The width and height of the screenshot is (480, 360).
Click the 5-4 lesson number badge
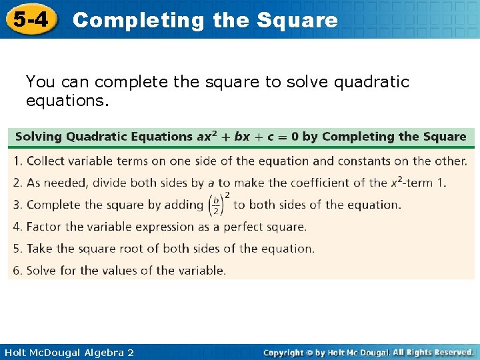pos(31,19)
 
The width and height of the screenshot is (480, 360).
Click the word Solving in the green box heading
pos(39,137)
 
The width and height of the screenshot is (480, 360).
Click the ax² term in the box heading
pos(205,137)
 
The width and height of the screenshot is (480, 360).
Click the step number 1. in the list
pos(18,161)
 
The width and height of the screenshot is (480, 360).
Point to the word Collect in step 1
pos(47,161)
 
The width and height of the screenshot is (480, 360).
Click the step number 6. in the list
pos(18,271)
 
